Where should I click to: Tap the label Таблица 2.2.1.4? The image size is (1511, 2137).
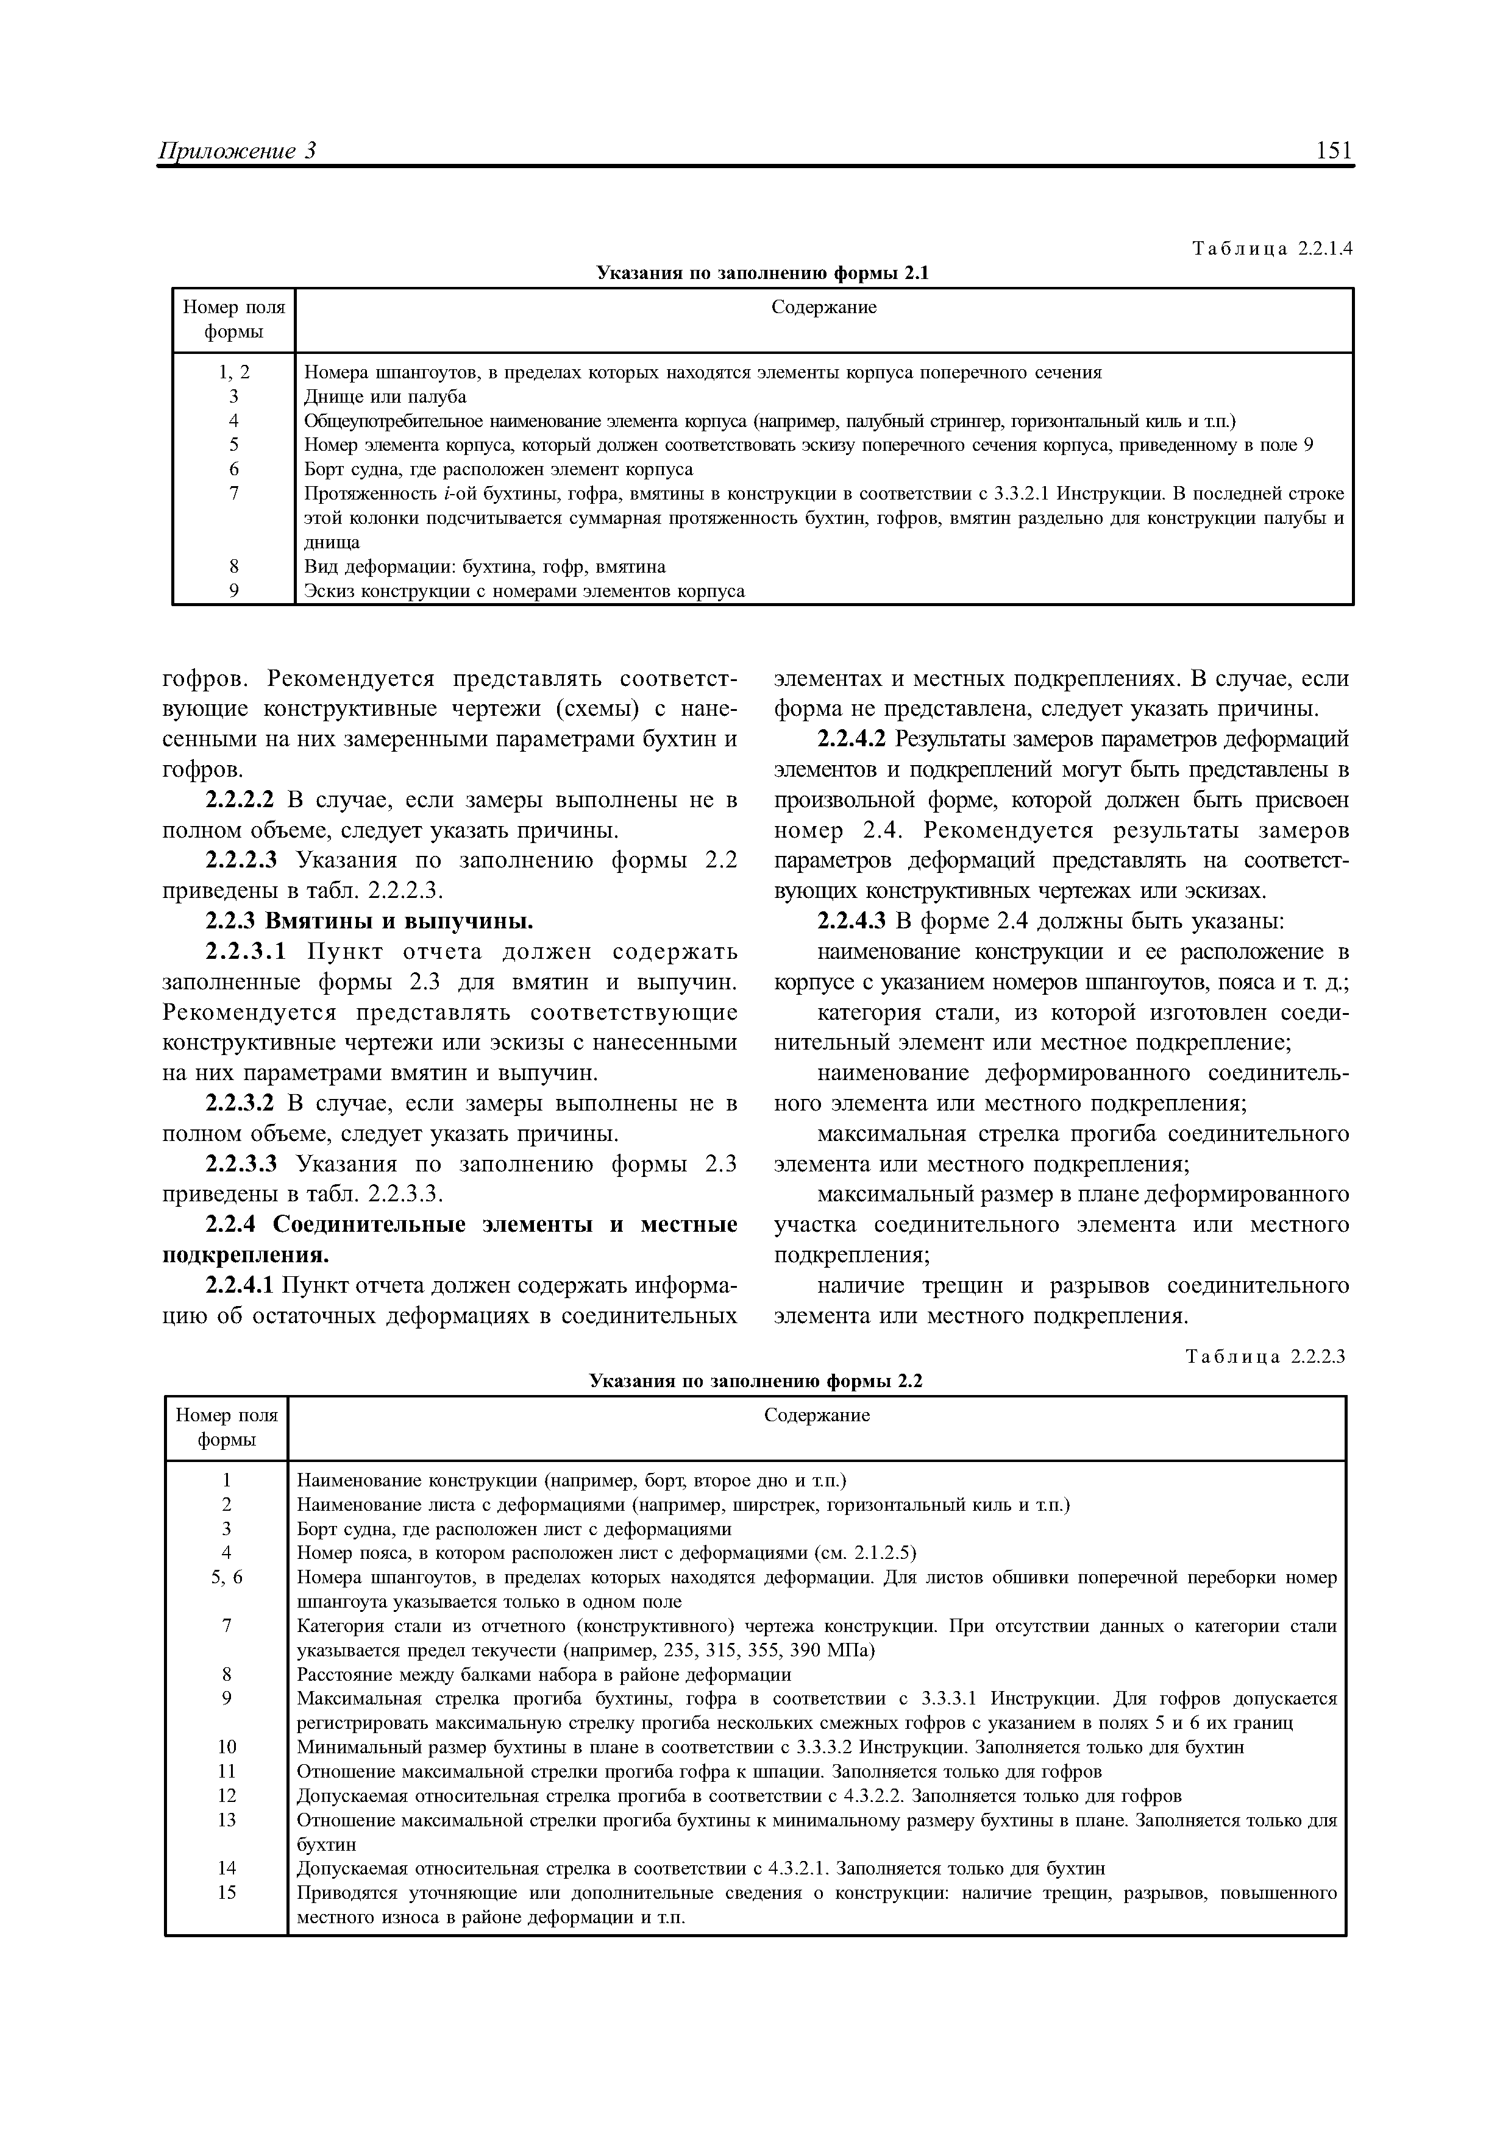pos(1271,249)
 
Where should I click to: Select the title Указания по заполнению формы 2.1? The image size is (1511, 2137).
pos(763,273)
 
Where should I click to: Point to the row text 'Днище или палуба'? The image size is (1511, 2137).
pos(385,397)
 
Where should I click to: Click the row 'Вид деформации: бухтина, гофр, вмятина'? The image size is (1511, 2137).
pos(485,566)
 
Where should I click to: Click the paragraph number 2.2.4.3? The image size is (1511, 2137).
pos(853,922)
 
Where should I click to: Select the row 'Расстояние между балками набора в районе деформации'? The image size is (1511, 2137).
pos(544,1675)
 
